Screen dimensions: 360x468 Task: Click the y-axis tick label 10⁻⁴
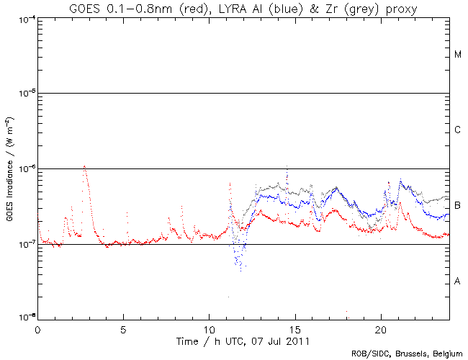coord(24,18)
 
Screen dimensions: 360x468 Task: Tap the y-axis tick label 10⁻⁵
coord(24,93)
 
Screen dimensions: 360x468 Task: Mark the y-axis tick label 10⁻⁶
coord(24,168)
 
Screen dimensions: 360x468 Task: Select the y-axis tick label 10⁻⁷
coord(24,244)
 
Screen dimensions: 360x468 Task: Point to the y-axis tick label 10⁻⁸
coord(24,318)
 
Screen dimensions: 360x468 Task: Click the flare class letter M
coord(458,55)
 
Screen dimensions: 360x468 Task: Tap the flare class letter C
coord(458,130)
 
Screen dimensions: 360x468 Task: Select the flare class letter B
coord(458,206)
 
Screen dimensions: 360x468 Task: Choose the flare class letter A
coord(458,281)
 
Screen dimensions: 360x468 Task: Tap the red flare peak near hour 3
coord(85,166)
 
